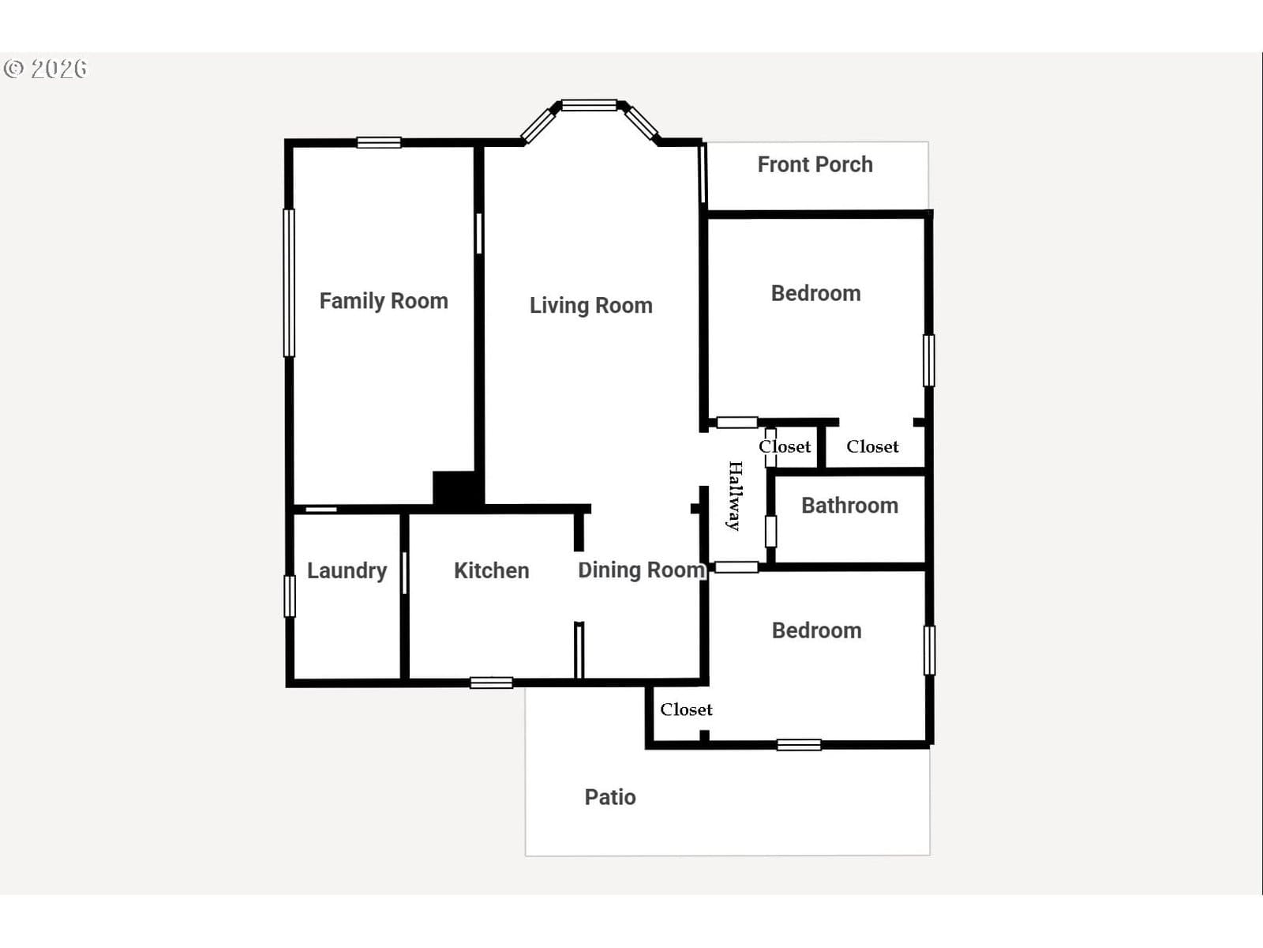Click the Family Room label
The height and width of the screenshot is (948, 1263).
[x=384, y=301]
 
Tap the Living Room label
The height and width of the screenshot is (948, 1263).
[x=591, y=306]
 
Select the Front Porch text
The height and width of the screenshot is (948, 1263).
[x=815, y=164]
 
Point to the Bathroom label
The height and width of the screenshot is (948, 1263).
[x=850, y=506]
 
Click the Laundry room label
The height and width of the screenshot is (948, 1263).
[x=347, y=571]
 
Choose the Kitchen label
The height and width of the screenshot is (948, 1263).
[x=492, y=570]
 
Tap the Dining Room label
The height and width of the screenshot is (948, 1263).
[x=642, y=570]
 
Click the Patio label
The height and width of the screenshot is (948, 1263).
[x=610, y=797]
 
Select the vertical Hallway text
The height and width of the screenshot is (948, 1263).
[x=735, y=495]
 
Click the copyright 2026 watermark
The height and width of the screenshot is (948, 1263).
[x=45, y=69]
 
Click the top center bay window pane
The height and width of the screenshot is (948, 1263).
[x=589, y=105]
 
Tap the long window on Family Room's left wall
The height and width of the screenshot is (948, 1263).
[x=290, y=283]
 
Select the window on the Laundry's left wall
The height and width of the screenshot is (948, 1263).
[x=290, y=596]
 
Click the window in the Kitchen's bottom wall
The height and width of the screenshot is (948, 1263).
[x=492, y=683]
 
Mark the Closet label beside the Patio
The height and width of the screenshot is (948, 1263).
[x=686, y=709]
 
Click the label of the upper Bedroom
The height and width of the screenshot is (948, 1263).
[x=816, y=294]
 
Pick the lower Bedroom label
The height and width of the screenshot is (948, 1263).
[x=816, y=631]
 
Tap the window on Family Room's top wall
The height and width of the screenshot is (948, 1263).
[x=379, y=142]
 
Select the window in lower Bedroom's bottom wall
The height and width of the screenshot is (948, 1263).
[x=799, y=745]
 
